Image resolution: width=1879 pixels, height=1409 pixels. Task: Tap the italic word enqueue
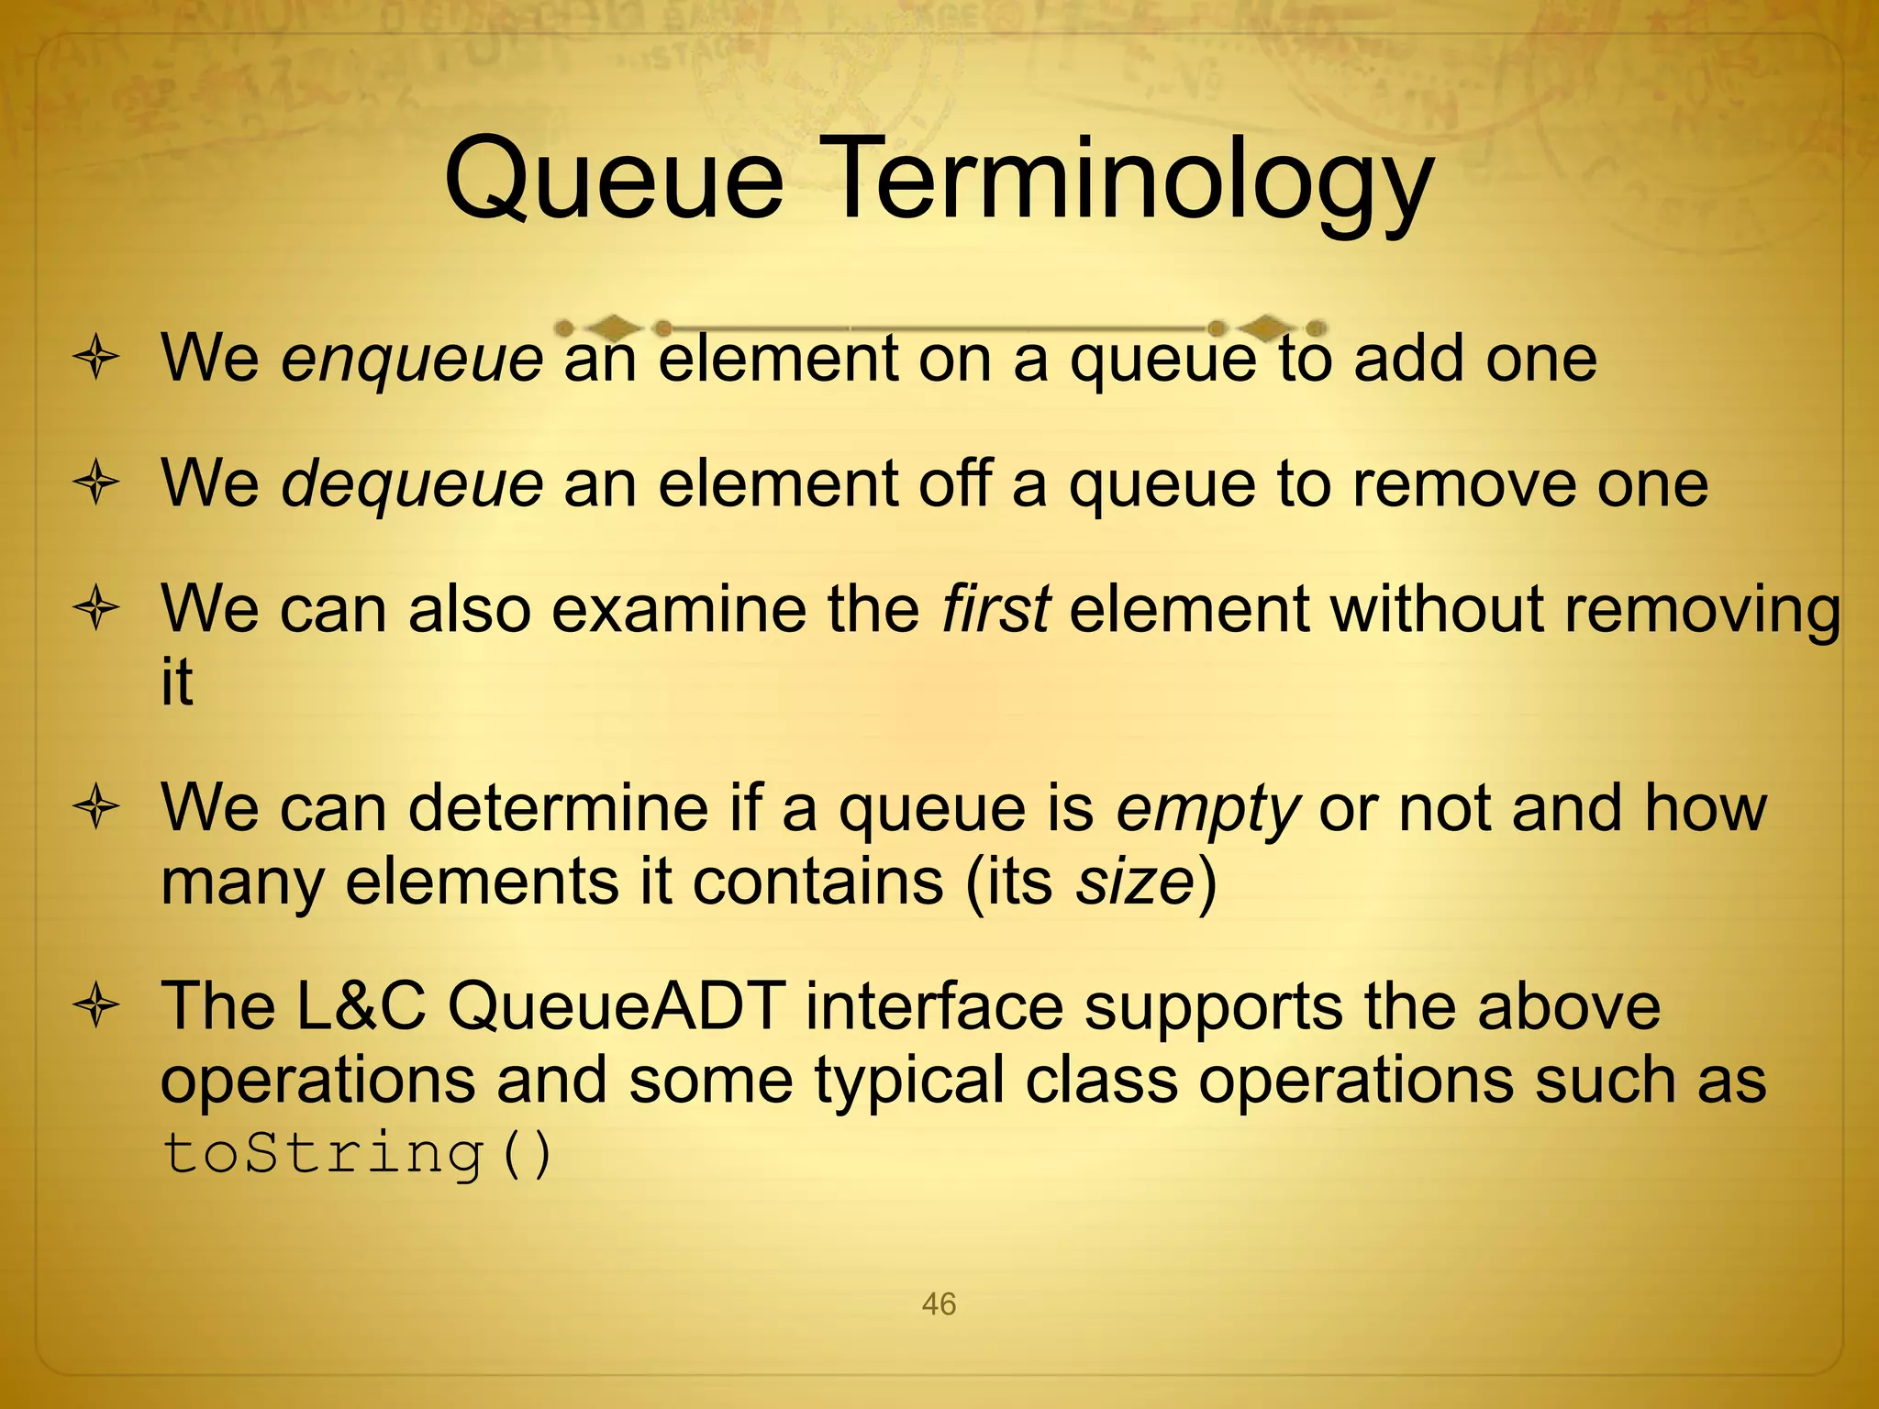click(x=412, y=359)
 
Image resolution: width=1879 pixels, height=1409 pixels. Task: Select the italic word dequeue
click(x=412, y=483)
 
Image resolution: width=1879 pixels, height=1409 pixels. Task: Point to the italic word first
click(x=995, y=608)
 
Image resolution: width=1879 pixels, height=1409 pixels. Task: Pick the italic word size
click(x=1135, y=882)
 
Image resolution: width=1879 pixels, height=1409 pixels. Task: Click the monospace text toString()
click(x=358, y=1153)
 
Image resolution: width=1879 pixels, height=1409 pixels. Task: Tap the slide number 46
click(x=939, y=1304)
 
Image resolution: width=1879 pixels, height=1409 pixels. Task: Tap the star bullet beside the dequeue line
click(x=96, y=483)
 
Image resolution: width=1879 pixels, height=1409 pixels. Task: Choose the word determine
click(x=558, y=808)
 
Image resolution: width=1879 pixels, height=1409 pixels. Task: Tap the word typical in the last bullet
click(x=909, y=1080)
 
